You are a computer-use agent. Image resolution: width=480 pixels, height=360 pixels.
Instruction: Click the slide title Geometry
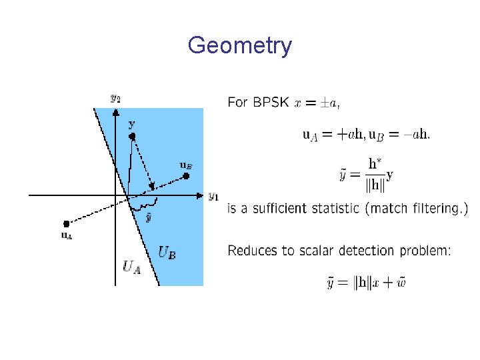pos(239,45)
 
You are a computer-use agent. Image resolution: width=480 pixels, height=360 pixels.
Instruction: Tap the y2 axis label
pos(115,97)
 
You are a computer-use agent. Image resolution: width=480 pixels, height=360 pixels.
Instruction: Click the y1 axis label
pos(213,196)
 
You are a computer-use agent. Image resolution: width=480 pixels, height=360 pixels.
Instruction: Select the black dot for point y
pos(132,136)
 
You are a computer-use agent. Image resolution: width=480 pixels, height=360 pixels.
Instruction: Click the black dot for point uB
pos(187,176)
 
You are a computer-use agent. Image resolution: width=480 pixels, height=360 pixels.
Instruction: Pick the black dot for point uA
pos(66,223)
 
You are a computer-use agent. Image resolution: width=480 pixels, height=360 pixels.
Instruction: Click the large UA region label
pos(133,267)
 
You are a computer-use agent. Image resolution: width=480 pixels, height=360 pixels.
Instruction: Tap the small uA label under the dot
pos(67,235)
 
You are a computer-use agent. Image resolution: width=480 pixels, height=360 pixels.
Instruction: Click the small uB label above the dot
pos(186,165)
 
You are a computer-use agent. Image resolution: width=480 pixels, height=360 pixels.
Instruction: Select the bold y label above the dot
pos(131,124)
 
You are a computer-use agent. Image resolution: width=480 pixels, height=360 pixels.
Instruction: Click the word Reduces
pos(251,251)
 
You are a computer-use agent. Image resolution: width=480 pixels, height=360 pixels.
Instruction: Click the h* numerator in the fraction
pos(376,163)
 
